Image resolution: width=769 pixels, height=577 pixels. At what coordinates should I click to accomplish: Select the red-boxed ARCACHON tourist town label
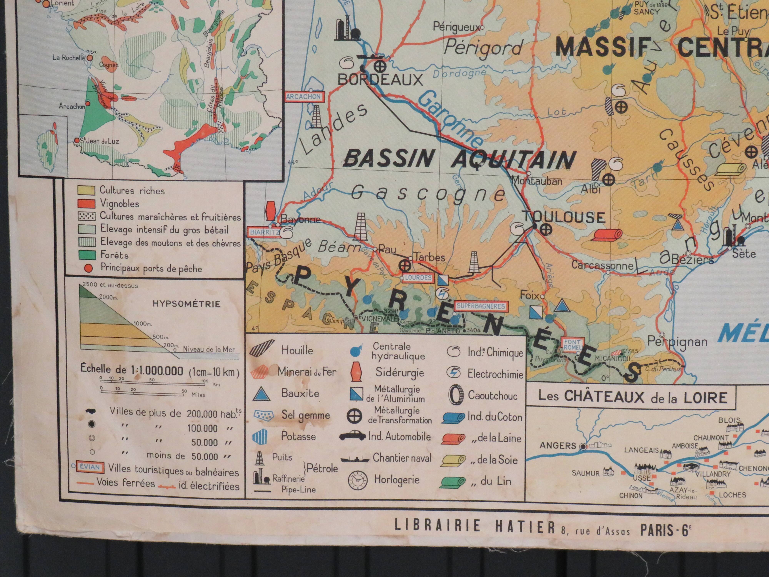[304, 97]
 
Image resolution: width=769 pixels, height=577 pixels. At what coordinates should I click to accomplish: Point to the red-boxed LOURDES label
[418, 278]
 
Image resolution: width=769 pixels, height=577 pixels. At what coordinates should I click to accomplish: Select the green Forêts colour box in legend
[86, 255]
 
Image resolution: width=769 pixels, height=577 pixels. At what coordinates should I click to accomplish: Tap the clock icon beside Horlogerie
[357, 480]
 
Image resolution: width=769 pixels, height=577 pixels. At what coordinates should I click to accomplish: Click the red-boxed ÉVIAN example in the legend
[90, 467]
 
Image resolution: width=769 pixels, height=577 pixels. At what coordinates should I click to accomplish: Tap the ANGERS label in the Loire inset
[558, 445]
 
